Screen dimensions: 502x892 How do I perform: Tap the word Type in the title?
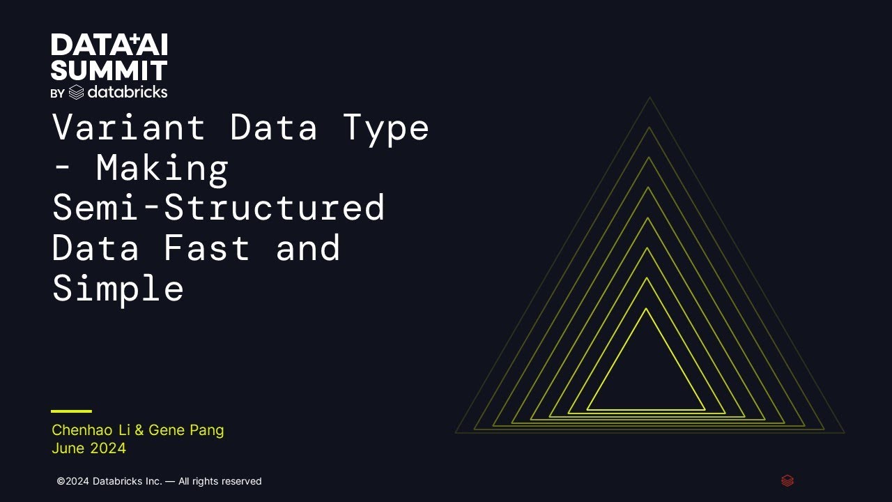coord(385,128)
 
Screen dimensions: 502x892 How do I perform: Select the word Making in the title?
coord(162,168)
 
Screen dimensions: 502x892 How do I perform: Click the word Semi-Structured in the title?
coord(218,208)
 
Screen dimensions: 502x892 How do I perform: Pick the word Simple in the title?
coord(118,288)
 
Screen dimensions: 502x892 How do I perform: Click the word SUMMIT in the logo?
coord(109,70)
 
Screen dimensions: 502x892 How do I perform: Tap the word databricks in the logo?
coord(128,91)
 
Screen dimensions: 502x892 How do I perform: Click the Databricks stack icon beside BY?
coord(77,92)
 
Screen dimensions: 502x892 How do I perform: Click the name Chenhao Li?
coord(91,430)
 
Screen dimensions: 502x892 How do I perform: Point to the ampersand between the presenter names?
coord(139,430)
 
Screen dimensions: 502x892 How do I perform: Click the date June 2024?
coord(89,448)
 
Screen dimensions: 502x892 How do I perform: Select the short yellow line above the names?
coord(71,411)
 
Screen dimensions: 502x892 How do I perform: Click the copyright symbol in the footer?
coord(61,481)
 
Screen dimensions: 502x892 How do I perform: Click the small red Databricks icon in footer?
coord(787,480)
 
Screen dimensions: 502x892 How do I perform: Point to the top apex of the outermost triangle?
coord(650,98)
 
